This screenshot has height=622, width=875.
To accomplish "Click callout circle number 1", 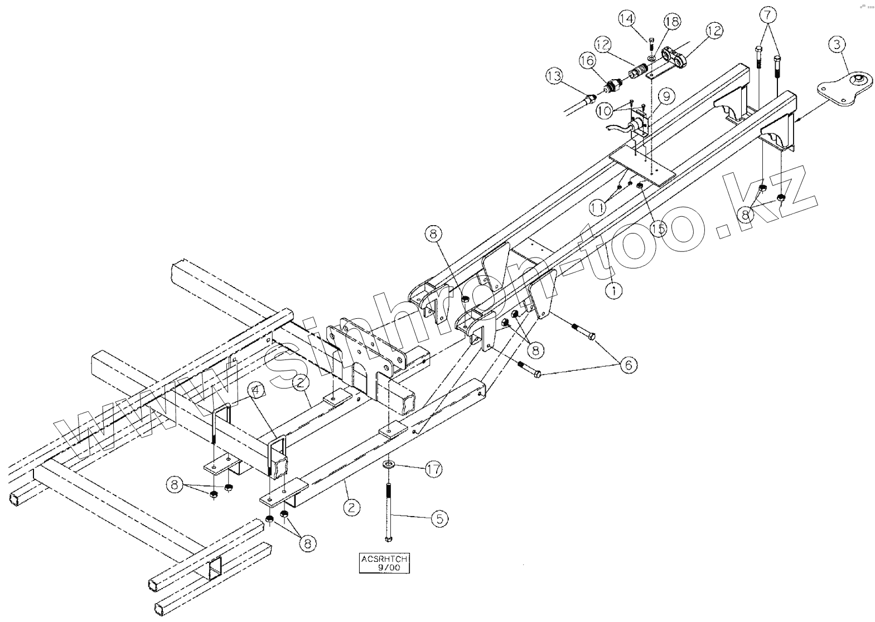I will pos(613,290).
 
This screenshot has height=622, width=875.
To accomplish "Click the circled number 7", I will pos(768,15).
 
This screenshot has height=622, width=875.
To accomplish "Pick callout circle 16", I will pos(587,61).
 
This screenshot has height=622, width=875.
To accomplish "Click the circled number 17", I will pos(434,469).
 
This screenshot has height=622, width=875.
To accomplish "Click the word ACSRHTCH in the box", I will pos(384,559).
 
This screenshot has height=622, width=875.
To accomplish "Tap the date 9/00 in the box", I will pos(384,568).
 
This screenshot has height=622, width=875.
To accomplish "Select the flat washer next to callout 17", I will pos(388,464).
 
